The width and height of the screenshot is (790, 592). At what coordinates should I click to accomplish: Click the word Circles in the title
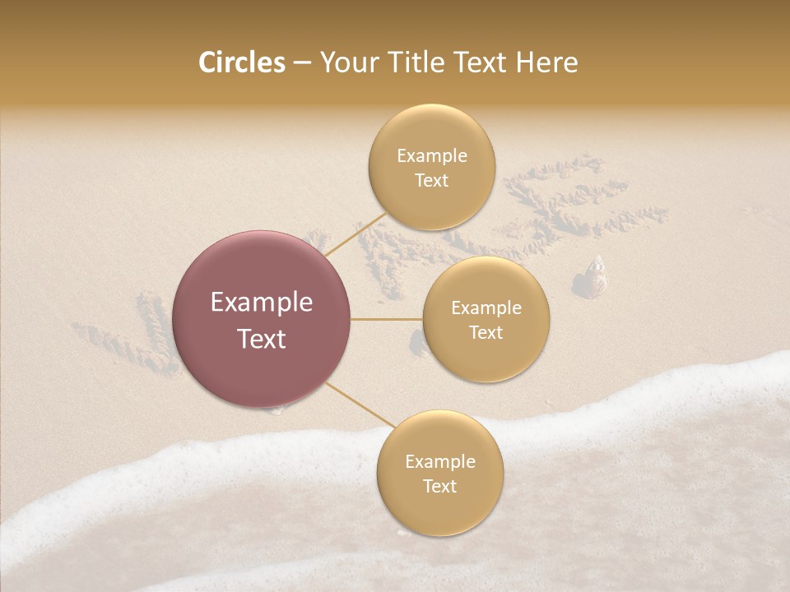(x=241, y=62)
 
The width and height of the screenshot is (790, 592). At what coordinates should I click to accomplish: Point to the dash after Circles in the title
(x=302, y=63)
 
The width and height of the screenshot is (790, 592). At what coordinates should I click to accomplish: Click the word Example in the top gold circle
(x=432, y=155)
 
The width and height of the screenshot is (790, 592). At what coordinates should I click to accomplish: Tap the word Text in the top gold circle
(x=432, y=180)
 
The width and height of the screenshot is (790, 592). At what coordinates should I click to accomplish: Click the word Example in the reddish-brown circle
(x=262, y=303)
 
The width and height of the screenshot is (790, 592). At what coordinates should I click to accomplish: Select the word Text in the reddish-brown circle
(x=262, y=339)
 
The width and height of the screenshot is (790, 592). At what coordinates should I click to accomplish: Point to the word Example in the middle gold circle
(x=486, y=308)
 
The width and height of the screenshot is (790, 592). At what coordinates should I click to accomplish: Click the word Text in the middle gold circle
(x=486, y=332)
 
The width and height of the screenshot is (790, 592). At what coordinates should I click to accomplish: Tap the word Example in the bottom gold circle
(x=439, y=461)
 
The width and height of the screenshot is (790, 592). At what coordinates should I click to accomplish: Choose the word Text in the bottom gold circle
(x=439, y=486)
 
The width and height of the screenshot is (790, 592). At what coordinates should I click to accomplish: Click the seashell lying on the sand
(x=595, y=277)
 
